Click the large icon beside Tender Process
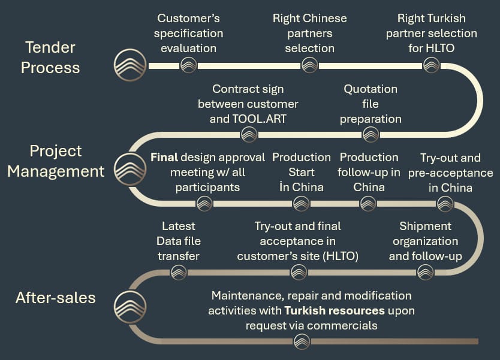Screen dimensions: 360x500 [130, 65]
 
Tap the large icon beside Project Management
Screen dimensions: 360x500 [130, 170]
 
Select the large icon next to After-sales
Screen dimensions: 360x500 [130, 307]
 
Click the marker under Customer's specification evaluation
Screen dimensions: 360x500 [188, 65]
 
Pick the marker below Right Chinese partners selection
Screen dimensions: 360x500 [309, 65]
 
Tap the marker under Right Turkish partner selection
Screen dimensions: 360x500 [431, 65]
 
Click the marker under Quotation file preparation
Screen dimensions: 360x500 [371, 134]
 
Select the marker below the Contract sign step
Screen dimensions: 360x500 [249, 134]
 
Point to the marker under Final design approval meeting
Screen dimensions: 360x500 [204, 204]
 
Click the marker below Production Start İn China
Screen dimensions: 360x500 [301, 204]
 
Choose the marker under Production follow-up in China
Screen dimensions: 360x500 [368, 204]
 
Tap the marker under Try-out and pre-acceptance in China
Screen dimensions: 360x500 [444, 204]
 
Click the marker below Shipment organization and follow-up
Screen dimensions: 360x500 [425, 273]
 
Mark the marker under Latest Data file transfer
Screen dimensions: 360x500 [179, 273]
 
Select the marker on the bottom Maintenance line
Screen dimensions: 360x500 [302, 341]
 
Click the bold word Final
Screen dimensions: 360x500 [164, 158]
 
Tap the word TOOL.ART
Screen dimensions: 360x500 [265, 119]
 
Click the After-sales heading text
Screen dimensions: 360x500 [55, 298]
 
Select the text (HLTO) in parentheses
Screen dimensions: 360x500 [340, 256]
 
